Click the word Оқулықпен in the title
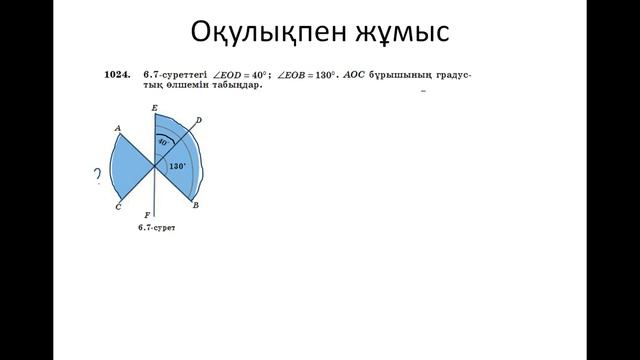coord(262,32)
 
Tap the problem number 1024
coord(117,75)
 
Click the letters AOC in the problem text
coord(355,75)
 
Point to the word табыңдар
coord(234,86)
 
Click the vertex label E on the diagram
coord(154,107)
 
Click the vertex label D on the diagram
coord(199,121)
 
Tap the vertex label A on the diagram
coord(118,128)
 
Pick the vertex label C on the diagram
coord(118,206)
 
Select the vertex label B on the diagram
coord(195,205)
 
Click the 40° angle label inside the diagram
coord(162,143)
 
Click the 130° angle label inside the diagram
coord(178,166)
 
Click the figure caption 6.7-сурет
coord(157,229)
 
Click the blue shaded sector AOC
coord(132,167)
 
